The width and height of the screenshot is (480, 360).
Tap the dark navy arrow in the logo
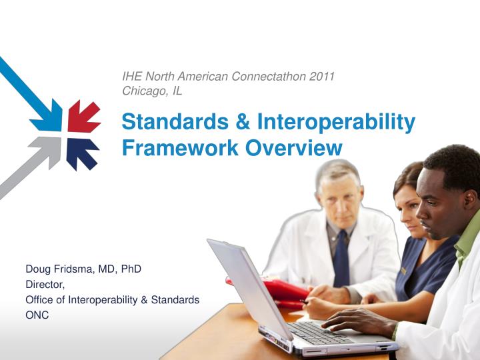(x=82, y=153)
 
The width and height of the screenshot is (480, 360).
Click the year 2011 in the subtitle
(x=321, y=77)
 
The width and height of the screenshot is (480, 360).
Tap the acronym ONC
(x=37, y=315)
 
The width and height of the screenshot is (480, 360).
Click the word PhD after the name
(x=131, y=269)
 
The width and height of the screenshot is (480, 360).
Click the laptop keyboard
(x=320, y=331)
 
